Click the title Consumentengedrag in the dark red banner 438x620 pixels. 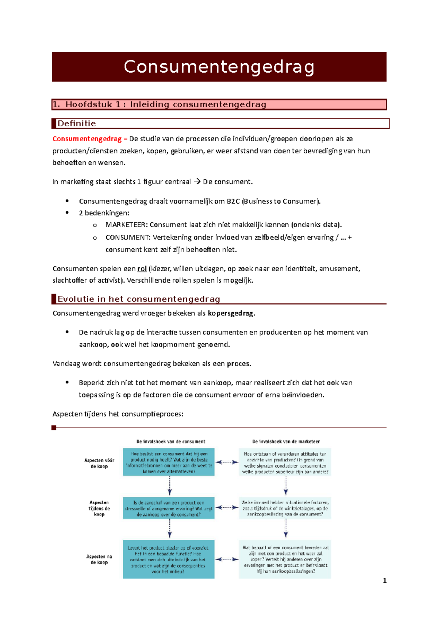(x=219, y=67)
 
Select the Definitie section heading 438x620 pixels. (x=77, y=123)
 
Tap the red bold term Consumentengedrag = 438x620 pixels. (x=90, y=139)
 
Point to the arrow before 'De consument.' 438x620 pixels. (x=197, y=181)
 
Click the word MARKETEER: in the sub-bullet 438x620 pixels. (x=126, y=225)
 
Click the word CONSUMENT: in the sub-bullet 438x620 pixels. (x=128, y=237)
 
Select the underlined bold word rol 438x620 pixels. (x=142, y=269)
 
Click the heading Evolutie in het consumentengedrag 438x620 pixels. (x=139, y=299)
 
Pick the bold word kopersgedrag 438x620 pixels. (x=231, y=313)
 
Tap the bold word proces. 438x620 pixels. (x=238, y=364)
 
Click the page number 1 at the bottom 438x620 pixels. (x=384, y=581)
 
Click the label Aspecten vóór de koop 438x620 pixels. (x=99, y=463)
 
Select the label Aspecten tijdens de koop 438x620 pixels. (x=99, y=508)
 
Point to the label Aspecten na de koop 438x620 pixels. (x=99, y=559)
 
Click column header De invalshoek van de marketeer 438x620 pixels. (x=286, y=441)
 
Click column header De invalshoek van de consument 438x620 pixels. (x=170, y=441)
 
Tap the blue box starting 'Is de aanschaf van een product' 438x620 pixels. (x=169, y=508)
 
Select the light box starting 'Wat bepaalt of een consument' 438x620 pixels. (x=285, y=559)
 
